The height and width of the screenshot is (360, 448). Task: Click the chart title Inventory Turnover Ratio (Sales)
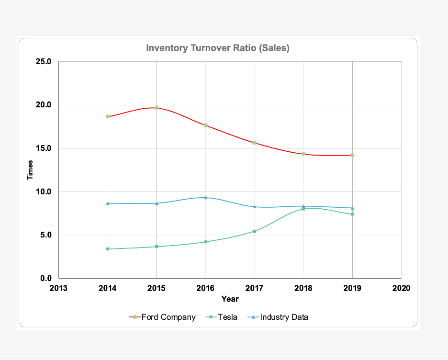[x=217, y=48]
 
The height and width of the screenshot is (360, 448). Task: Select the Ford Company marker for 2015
[x=157, y=108]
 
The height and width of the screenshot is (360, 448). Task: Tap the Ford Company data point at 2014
[x=108, y=116]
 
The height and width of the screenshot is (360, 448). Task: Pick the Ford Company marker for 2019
[x=352, y=155]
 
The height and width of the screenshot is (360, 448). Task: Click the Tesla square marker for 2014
[x=108, y=249]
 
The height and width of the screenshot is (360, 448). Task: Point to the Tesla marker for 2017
[x=255, y=231]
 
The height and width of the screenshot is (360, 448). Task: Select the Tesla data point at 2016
[x=206, y=242]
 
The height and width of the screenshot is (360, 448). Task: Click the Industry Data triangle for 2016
[x=206, y=197]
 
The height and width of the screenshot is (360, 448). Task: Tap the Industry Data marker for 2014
[x=108, y=203]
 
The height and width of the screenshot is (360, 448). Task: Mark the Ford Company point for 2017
[x=255, y=143]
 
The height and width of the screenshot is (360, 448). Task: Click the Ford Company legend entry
[x=163, y=317]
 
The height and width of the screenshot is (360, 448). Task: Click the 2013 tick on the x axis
[x=58, y=288]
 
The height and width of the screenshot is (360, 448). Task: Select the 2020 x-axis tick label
[x=401, y=288]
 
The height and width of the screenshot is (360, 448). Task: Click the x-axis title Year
[x=230, y=299]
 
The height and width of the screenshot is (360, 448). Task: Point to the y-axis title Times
[x=31, y=170]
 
